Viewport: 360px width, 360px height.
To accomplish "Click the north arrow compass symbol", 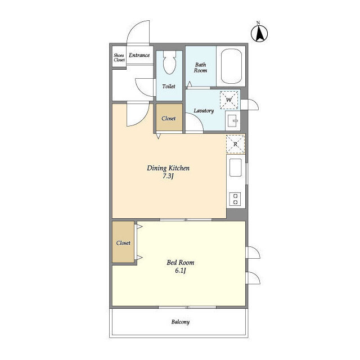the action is coord(259,34).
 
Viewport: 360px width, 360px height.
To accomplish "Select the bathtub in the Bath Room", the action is coord(231,66).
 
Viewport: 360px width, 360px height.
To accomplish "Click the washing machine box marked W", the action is coord(229,100).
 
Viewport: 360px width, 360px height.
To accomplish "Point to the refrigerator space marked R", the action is coord(235,144).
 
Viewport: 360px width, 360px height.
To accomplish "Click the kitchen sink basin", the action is coord(236,168).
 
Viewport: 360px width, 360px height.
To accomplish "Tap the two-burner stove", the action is coord(235,199).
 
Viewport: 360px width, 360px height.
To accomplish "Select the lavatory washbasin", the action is coord(233,121).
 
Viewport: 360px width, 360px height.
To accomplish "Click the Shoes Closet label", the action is coord(119,57).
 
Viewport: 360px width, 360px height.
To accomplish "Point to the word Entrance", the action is coord(139,55).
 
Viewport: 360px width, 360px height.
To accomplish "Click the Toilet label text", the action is coord(169,86).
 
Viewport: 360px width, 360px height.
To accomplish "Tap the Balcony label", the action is coord(181,322).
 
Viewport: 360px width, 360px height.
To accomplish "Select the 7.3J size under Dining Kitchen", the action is coord(168,176).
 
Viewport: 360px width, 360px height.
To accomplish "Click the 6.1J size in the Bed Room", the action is coord(180,271).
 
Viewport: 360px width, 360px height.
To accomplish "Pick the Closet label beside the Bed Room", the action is coord(123,242).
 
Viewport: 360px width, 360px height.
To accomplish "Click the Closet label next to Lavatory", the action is coord(169,119).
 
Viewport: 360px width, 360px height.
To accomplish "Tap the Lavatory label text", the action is coord(204,111).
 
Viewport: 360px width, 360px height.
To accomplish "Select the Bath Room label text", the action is coord(200,67).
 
